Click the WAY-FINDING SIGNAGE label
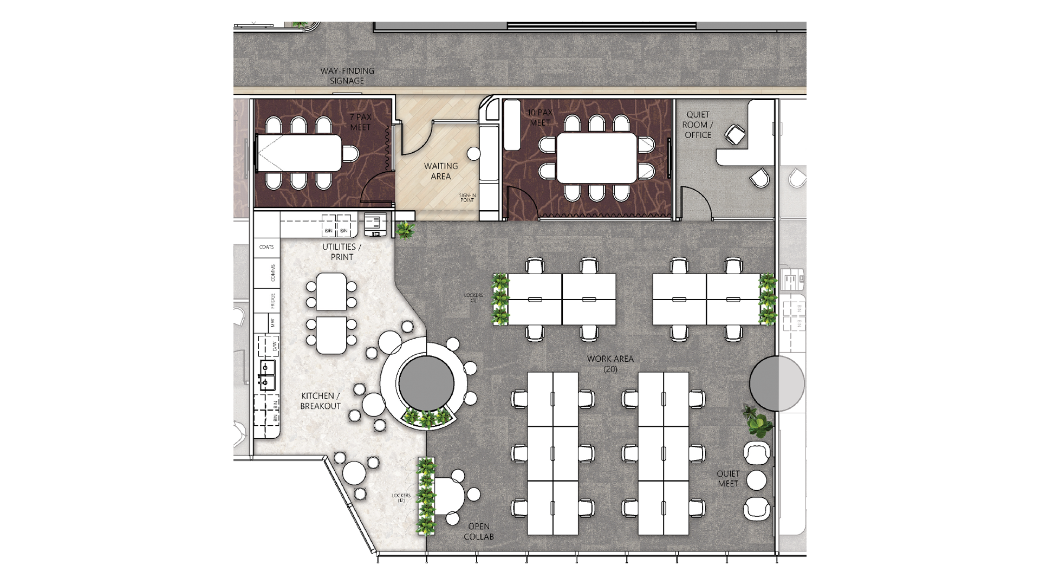[x=347, y=76]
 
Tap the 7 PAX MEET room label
[x=360, y=122]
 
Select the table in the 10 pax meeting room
[x=596, y=158]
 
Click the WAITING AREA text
[x=440, y=171]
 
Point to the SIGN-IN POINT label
[x=467, y=198]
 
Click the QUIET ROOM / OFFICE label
[x=698, y=125]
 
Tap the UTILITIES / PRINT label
[x=342, y=252]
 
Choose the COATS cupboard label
[x=266, y=247]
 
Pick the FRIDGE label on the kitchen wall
[x=273, y=301]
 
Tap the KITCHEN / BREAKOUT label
[x=321, y=401]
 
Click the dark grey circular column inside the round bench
[x=426, y=383]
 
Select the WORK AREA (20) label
[x=610, y=364]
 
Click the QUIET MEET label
[x=728, y=478]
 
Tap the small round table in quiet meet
[x=756, y=480]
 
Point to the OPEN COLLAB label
[x=479, y=531]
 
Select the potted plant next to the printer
[x=405, y=230]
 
